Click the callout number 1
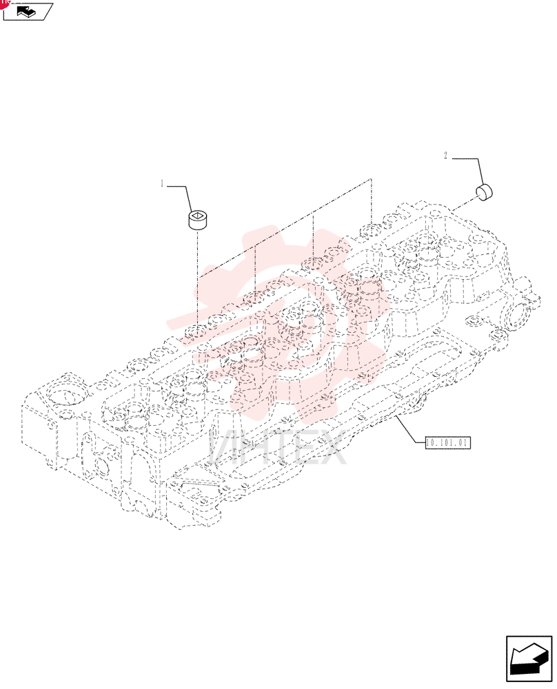[x=162, y=184]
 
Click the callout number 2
[x=445, y=156]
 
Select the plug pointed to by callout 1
[x=198, y=220]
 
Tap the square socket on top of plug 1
[x=198, y=215]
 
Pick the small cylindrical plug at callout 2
[x=484, y=192]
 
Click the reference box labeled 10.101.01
[x=447, y=442]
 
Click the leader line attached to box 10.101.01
[x=409, y=429]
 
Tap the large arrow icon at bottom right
[x=529, y=659]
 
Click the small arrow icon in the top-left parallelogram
[x=26, y=12]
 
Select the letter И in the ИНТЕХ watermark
[x=224, y=448]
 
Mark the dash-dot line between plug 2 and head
[x=463, y=205]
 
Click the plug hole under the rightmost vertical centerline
[x=371, y=230]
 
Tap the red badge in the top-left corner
[x=3, y=3]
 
